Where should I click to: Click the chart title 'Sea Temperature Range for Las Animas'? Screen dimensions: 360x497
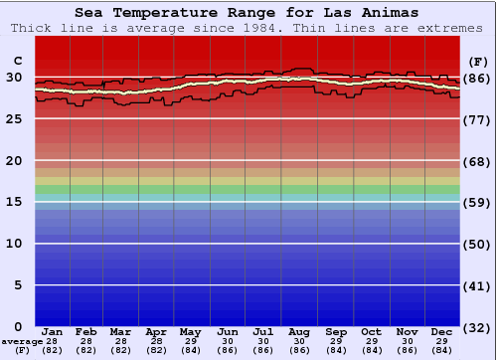pos(247,13)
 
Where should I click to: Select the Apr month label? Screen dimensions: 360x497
pos(156,331)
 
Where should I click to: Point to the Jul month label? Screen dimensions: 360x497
pos(263,331)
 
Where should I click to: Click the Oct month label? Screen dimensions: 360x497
pos(371,331)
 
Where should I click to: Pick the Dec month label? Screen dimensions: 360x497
pos(442,331)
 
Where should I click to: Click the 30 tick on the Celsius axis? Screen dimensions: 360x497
pos(14,77)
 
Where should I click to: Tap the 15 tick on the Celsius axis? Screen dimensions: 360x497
pos(14,202)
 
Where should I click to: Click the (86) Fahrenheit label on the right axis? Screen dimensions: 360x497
pos(478,78)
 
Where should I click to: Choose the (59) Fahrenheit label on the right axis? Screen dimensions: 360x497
pos(478,203)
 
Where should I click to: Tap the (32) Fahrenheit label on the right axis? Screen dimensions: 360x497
pos(478,327)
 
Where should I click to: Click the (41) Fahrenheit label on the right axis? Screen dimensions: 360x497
pos(478,286)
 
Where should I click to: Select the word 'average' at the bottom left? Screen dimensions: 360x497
pos(21,341)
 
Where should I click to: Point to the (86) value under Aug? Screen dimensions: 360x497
pos(299,350)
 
